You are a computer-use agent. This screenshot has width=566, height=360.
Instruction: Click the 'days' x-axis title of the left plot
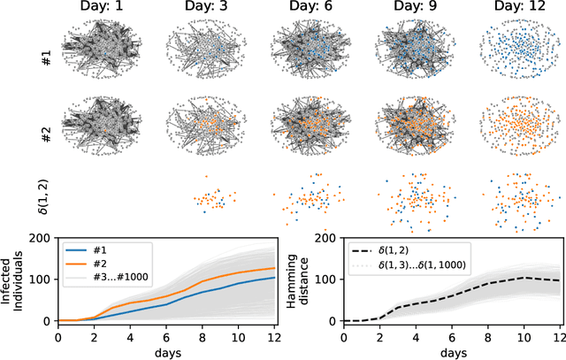tap(166, 351)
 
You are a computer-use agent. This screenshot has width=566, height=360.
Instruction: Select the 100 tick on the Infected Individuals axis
tap(42, 280)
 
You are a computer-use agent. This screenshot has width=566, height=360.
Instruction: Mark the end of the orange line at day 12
tap(274, 267)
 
